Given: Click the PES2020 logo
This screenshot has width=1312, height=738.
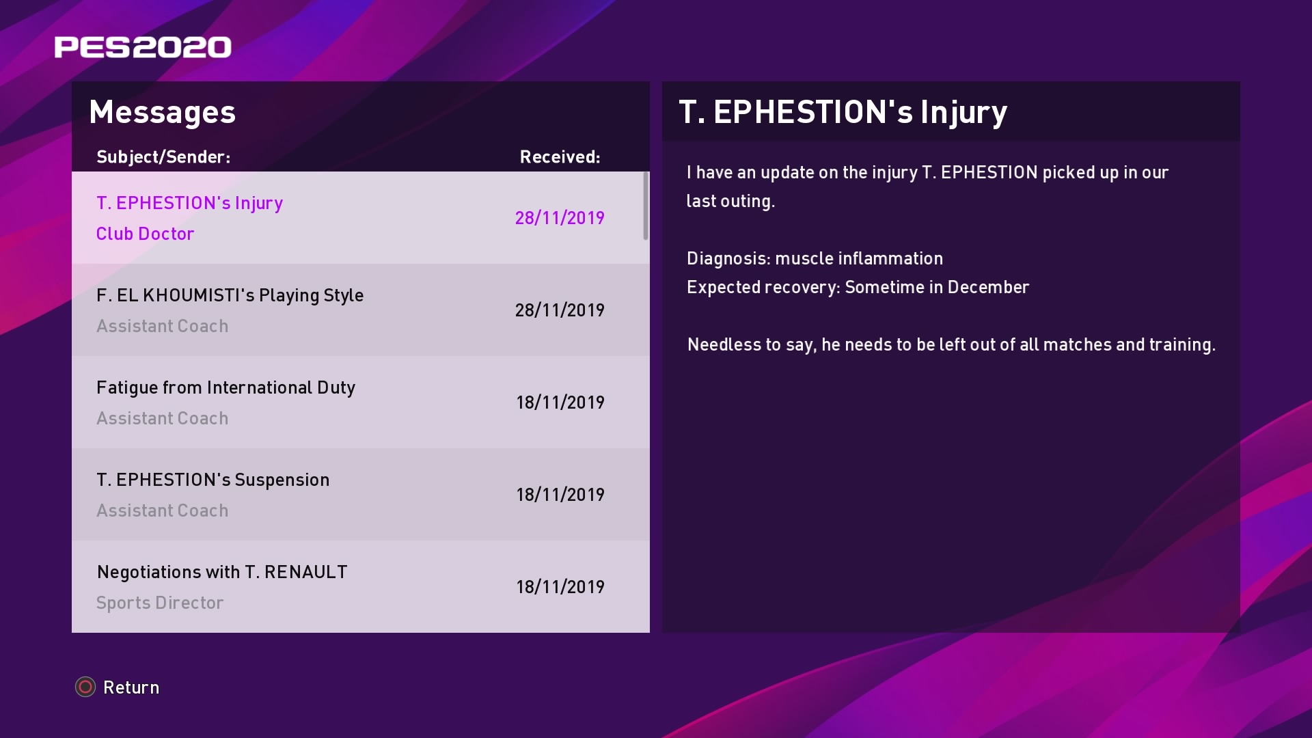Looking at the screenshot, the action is pos(143,47).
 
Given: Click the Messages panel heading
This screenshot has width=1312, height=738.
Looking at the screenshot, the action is pos(162,112).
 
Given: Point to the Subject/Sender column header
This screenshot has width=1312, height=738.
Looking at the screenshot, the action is pos(163,157).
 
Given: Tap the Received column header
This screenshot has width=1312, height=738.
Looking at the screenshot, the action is pos(560,157).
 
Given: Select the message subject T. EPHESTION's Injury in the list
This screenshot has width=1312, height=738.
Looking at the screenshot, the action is pos(189,203).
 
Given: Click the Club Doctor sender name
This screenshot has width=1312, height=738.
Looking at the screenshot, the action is pos(145,234).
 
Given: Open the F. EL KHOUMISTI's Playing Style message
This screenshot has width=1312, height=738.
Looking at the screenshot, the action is pos(230,295).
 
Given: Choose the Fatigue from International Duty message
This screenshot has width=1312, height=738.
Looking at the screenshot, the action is pos(225,387).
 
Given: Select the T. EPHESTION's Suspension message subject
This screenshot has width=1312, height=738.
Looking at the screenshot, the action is pos(213,480).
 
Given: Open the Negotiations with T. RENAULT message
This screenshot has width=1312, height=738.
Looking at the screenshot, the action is pos(222,572).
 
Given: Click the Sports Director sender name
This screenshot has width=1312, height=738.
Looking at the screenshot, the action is pos(160,603).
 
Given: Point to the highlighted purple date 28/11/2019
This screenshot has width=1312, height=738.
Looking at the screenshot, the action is pos(560,218).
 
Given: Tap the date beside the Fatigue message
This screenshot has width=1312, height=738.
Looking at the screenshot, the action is pos(560,402).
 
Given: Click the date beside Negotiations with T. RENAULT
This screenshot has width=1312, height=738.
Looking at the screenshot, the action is pos(560,587).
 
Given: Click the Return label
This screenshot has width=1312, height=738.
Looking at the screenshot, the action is pos(131,687).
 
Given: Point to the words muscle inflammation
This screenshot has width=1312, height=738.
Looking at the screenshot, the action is pos(859,258).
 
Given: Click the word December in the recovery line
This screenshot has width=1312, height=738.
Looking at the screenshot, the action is pos(988,287).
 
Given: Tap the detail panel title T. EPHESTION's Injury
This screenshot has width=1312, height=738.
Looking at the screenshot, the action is pos(843,112).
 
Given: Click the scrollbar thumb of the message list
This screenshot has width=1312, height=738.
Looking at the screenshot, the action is pos(646,206).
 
